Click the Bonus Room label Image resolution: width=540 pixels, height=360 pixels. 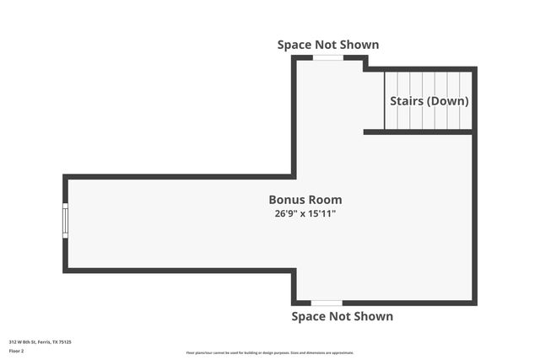coord(305,200)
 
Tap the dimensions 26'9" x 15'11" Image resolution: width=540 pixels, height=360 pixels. coord(305,214)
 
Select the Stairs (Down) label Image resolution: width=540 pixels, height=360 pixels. coord(429,101)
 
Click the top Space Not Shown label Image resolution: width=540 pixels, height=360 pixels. coord(328,44)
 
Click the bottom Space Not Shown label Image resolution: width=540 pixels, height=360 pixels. coord(342,316)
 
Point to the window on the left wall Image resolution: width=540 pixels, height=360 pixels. coord(65,221)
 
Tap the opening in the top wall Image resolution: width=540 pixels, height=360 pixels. coord(328,57)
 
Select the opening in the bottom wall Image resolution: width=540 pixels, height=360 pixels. coord(327,303)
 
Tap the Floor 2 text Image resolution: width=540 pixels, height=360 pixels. coord(17,351)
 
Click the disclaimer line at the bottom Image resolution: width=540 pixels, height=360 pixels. coord(270,352)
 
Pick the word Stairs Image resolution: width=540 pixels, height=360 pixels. coord(407,101)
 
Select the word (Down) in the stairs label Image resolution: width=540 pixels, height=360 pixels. coord(448,101)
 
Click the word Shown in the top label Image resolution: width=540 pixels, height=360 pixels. coord(358,44)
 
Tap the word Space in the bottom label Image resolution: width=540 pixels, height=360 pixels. coord(310,316)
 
